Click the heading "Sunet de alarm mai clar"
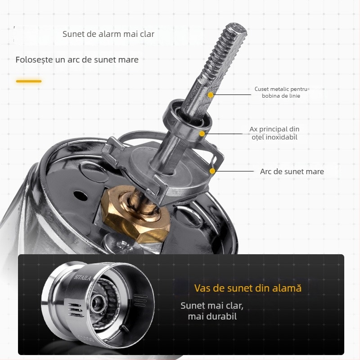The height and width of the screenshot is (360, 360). [108, 34]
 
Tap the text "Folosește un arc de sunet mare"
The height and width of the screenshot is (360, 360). [77, 59]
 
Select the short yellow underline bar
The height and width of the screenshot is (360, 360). [29, 81]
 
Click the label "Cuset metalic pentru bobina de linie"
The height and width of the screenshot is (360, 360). [281, 92]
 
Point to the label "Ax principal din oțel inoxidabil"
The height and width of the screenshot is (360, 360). [274, 133]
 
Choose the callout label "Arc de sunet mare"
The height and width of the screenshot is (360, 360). [292, 171]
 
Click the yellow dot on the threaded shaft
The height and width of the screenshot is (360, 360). [211, 95]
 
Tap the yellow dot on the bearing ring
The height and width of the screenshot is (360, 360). [203, 133]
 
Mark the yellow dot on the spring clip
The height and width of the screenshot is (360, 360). [212, 171]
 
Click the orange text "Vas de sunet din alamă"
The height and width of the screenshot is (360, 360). [247, 288]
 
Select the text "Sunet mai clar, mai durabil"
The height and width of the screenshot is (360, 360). [212, 311]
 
